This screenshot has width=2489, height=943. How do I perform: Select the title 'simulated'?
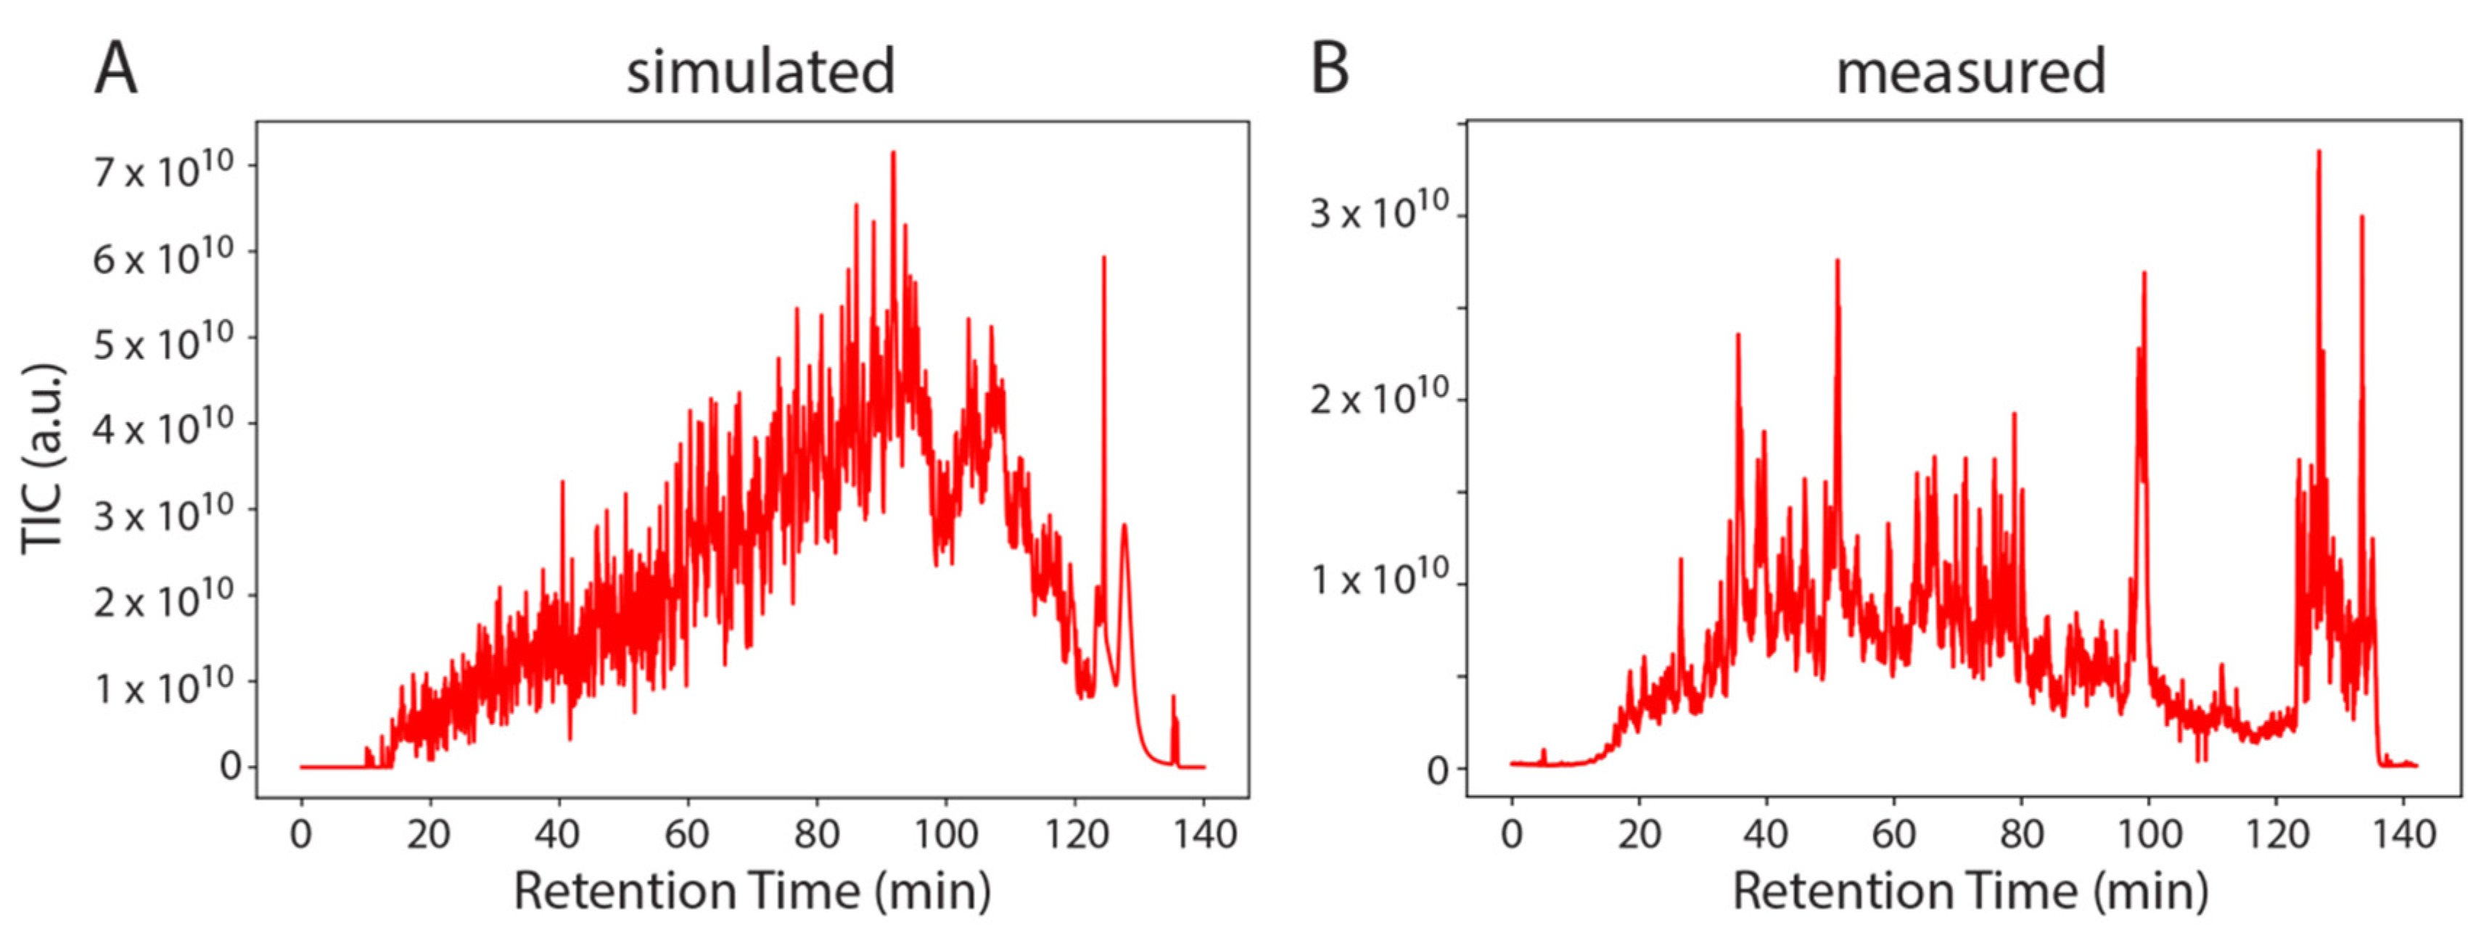point(760,73)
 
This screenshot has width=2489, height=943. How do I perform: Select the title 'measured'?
point(1970,73)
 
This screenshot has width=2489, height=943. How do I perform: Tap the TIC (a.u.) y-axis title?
point(44,459)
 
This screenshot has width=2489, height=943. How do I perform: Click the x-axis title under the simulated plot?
point(752,891)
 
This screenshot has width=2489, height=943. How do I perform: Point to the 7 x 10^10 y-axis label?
point(162,170)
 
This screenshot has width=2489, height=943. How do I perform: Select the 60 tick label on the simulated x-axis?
point(686,833)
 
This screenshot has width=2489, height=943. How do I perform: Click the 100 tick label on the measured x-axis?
point(2149,833)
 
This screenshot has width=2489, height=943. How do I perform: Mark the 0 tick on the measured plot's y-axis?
point(1438,771)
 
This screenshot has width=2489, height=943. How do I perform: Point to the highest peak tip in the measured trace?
point(2319,152)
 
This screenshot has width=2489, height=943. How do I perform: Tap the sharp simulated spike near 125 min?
point(1103,259)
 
